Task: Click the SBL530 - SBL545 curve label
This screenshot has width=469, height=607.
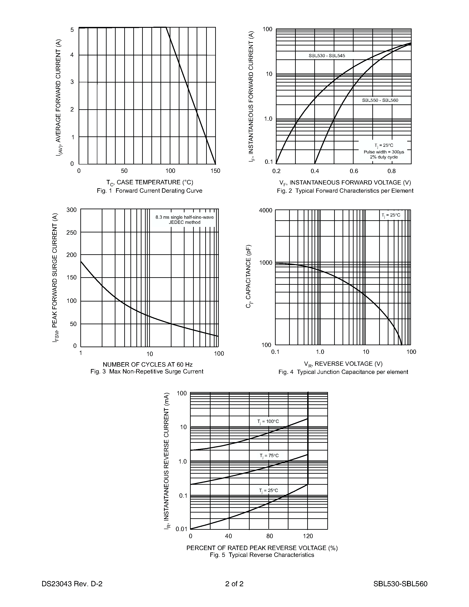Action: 327,56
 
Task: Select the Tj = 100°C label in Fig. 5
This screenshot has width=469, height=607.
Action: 268,422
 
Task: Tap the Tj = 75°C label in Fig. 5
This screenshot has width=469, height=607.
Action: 269,456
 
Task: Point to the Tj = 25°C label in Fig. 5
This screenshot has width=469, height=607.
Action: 268,490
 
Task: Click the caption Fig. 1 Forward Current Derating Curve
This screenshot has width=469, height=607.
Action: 149,191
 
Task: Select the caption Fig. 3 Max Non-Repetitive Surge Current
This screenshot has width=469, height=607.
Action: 147,371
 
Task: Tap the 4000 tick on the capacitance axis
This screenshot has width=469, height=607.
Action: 266,210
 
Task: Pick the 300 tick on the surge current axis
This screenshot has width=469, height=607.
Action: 72,210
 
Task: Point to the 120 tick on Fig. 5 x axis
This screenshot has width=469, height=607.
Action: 308,536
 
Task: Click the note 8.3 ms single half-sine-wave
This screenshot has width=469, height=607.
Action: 185,217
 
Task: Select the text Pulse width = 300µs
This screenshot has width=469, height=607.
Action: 384,152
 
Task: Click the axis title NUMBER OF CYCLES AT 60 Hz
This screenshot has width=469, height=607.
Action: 147,364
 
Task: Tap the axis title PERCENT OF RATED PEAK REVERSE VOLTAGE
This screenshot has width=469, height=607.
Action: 262,548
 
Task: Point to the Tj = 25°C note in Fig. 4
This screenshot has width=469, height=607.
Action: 391,215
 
